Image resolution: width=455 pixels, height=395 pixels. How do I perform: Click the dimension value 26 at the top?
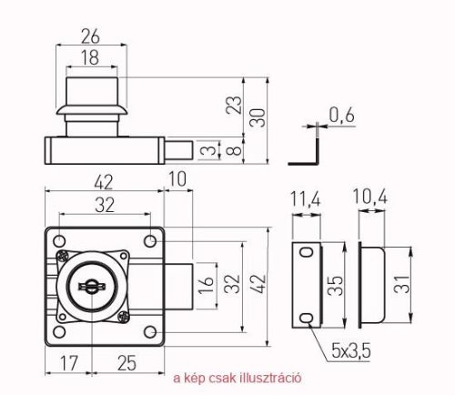pos(90,36)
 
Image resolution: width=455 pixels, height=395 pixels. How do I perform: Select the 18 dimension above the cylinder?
pos(90,57)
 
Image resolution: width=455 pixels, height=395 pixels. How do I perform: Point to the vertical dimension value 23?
pos(234,105)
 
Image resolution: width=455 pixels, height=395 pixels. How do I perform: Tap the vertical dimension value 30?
pos(258,117)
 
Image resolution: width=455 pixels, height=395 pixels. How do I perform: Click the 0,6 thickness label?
pos(341,116)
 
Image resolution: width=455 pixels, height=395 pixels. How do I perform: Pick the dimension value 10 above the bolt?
pos(177,179)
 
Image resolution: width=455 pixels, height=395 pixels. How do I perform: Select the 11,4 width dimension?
pos(306,199)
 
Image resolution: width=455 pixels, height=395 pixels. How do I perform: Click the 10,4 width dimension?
pos(370,197)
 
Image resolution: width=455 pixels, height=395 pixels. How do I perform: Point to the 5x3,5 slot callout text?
pos(351,351)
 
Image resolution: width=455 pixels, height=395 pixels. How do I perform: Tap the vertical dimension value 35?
pos(336,286)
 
